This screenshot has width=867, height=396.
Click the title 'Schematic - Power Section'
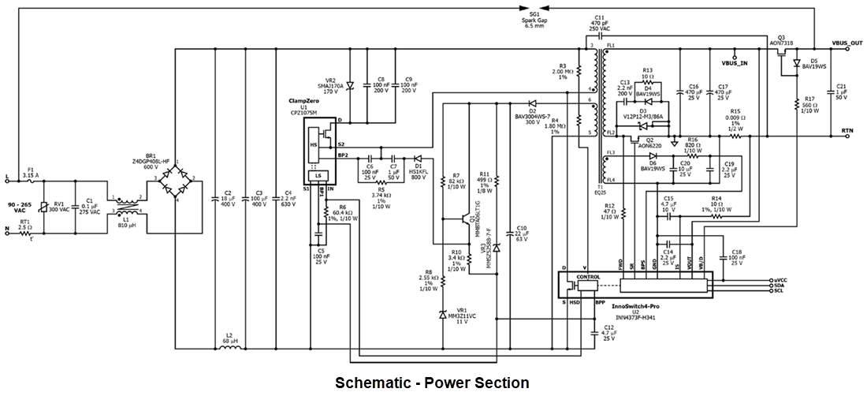click(x=432, y=383)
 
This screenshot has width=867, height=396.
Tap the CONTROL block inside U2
click(x=590, y=278)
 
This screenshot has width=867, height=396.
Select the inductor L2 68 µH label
click(x=229, y=338)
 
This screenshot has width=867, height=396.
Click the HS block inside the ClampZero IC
click(x=313, y=144)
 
